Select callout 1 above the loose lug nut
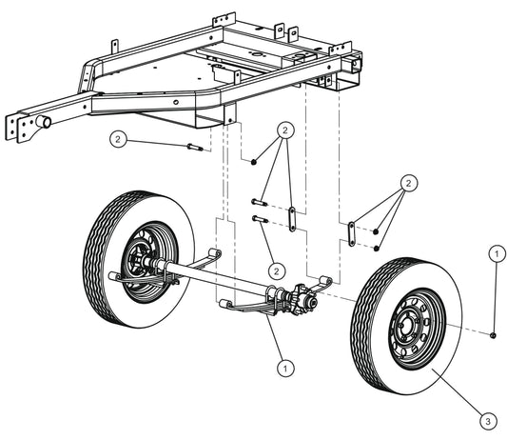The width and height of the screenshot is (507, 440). pos(494,252)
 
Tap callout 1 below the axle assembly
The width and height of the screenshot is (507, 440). pos(282,364)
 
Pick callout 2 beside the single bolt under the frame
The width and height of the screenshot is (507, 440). pos(118,139)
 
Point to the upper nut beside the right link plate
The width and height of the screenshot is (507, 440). pos(378,230)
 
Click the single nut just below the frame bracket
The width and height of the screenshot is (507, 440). pos(254,163)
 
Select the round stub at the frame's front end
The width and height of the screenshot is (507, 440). pos(43,122)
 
